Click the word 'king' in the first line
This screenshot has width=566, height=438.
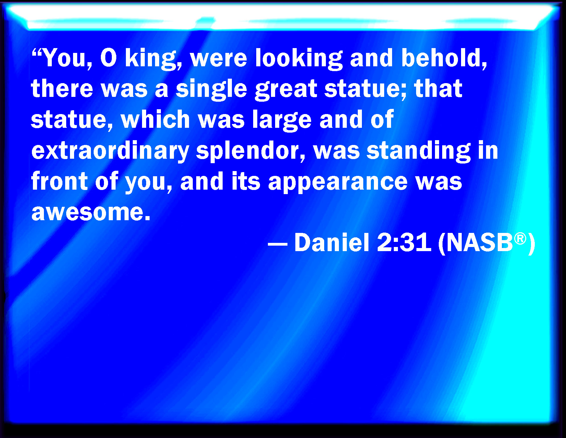(153, 59)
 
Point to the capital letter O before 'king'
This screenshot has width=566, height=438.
(108, 58)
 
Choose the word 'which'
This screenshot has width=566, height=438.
(155, 119)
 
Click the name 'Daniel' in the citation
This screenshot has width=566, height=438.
(332, 242)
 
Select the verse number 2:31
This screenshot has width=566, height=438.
(404, 243)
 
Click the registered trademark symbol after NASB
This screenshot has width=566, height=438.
(520, 239)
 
